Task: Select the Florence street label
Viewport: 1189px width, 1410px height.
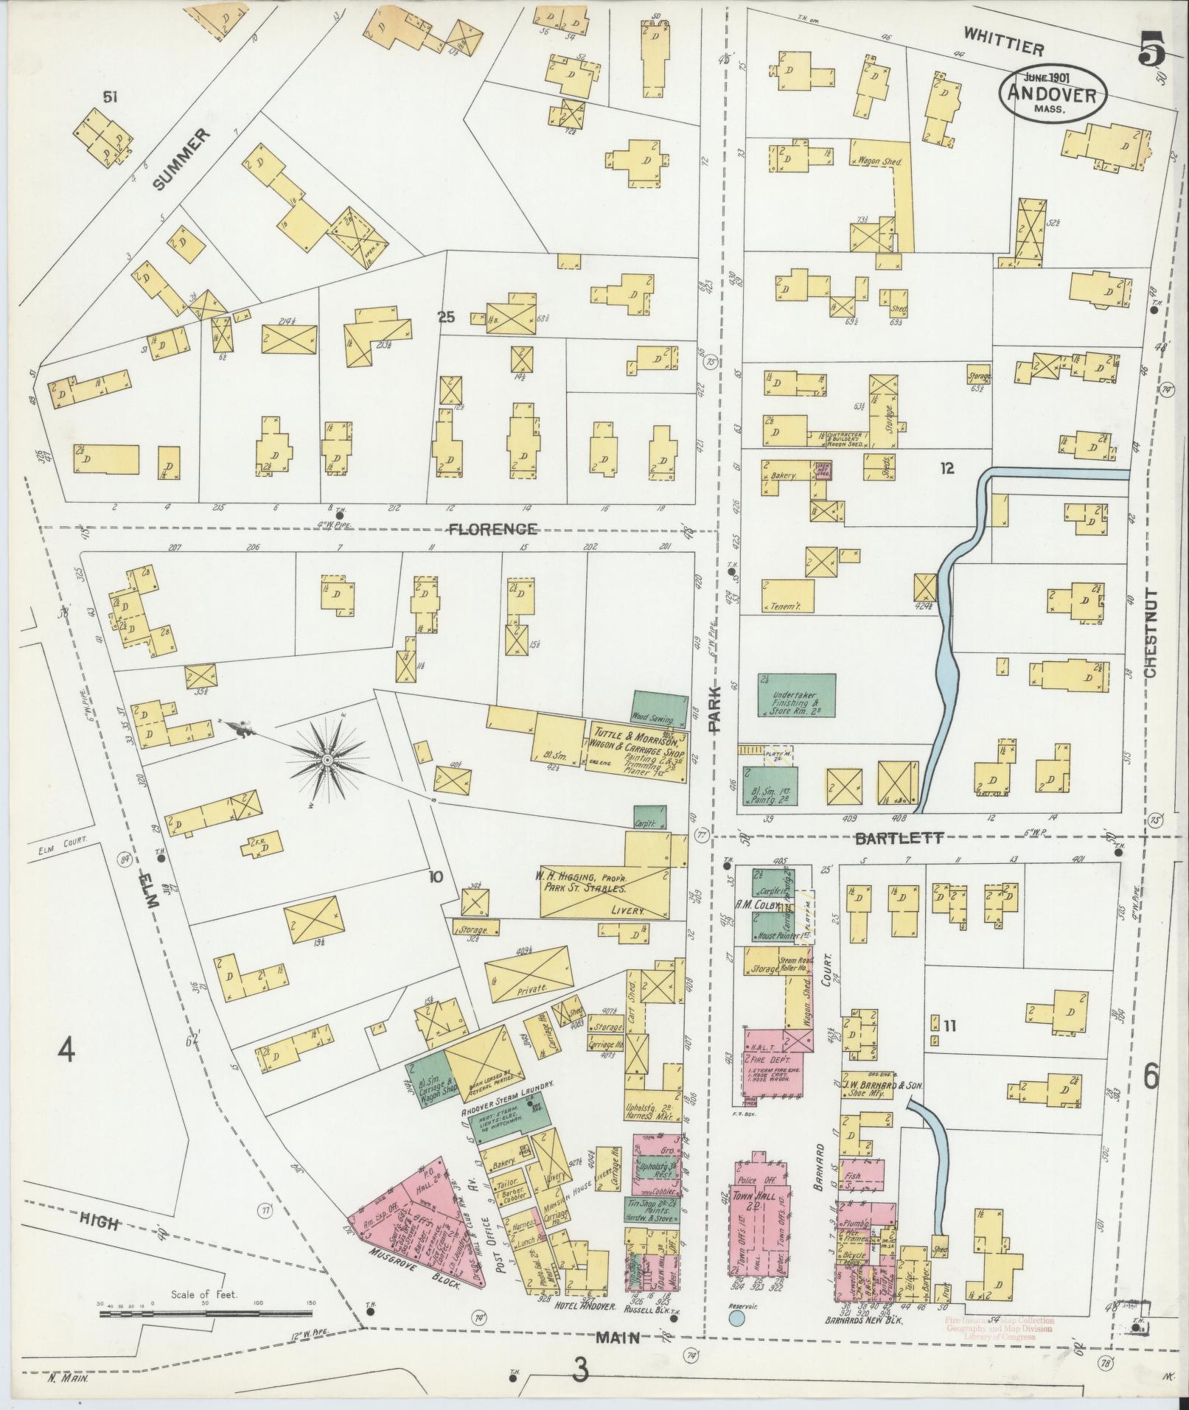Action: [x=493, y=528]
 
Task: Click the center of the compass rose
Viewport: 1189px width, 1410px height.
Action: [x=325, y=758]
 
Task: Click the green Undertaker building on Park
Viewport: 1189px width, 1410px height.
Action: [x=796, y=696]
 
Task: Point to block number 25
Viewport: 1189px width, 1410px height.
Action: [x=446, y=318]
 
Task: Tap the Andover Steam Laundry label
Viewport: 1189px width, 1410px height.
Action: [x=507, y=1092]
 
